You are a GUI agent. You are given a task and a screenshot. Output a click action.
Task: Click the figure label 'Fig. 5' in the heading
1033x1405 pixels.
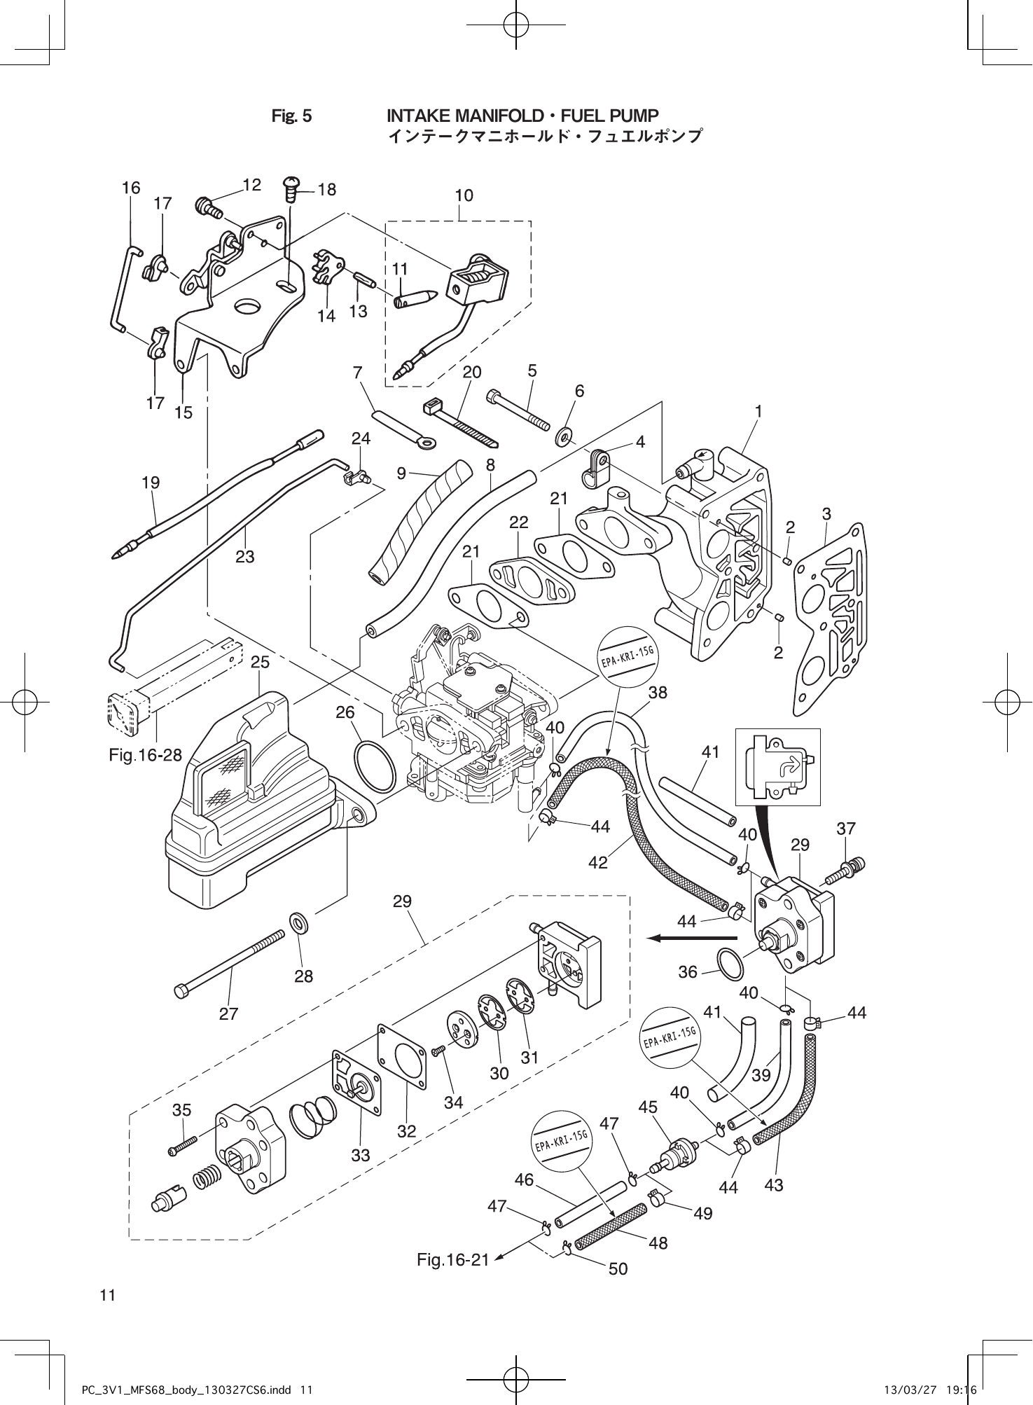point(291,116)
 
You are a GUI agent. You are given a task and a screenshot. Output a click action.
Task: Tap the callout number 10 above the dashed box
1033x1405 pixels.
point(464,195)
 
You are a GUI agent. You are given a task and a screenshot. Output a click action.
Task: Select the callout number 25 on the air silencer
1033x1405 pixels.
point(260,662)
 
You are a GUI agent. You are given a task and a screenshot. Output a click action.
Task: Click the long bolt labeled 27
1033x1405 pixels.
point(231,961)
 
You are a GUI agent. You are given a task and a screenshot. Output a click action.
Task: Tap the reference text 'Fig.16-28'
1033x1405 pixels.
point(145,754)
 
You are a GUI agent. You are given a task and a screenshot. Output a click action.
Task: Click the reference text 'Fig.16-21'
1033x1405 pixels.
point(452,1260)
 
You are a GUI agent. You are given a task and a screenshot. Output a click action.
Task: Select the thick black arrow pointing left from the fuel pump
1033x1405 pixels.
point(691,938)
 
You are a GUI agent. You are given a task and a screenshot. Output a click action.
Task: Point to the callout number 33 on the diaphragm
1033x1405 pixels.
point(360,1154)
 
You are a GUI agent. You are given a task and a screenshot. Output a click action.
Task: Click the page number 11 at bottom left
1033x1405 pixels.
point(107,1295)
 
